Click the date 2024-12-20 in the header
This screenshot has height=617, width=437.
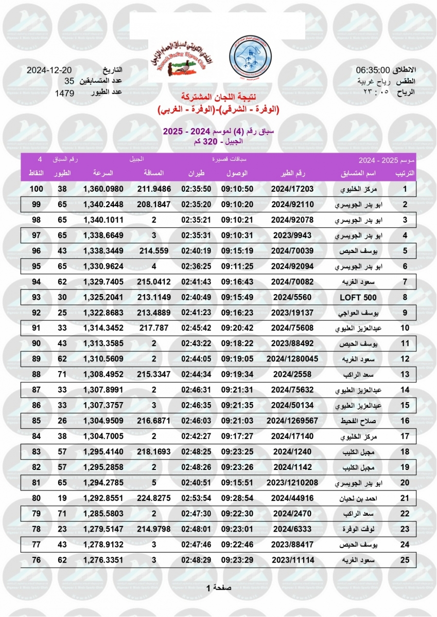coord(49,70)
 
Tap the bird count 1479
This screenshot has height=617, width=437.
coord(65,93)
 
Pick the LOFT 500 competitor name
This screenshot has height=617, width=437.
coord(358,298)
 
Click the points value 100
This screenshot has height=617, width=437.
coord(36,189)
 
